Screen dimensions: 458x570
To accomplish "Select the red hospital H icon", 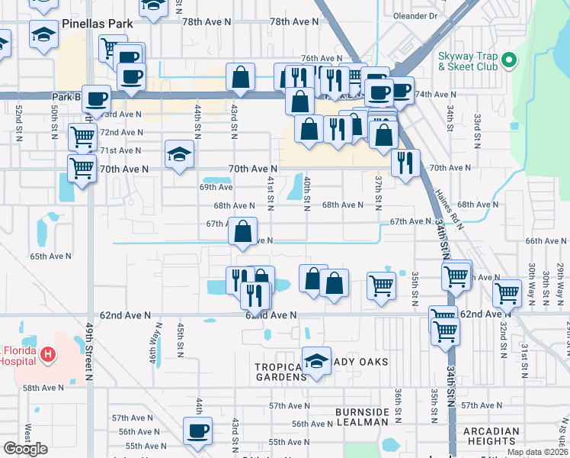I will tap(48, 353).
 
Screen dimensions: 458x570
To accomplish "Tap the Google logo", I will tap(25, 449).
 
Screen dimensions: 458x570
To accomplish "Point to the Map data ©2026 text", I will tap(536, 452).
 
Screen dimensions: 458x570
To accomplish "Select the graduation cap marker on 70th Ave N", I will tap(180, 156).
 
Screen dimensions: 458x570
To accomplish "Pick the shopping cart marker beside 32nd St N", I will tap(507, 292).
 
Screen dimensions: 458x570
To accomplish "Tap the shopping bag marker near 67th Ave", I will tap(242, 231).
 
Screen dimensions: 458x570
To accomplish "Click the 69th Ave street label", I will tap(216, 187).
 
